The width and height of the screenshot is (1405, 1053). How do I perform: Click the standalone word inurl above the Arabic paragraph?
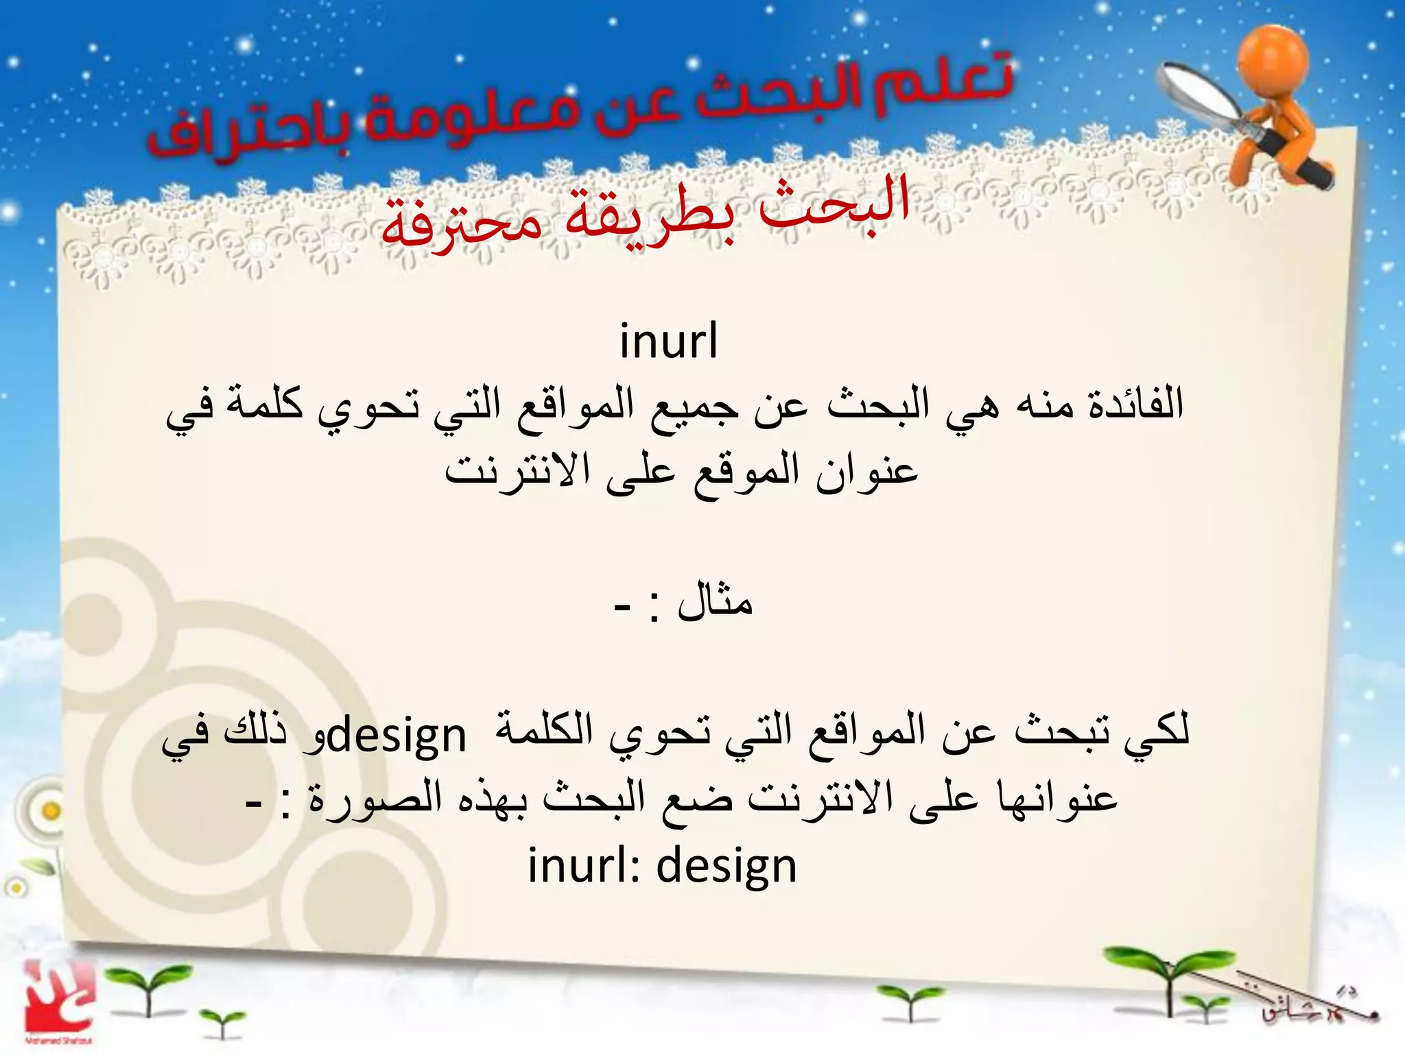pos(669,341)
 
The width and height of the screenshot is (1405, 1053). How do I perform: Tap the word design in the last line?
pos(727,867)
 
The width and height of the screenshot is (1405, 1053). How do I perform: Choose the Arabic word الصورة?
pos(375,799)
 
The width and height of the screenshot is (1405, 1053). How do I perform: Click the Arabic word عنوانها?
pos(1056,799)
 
